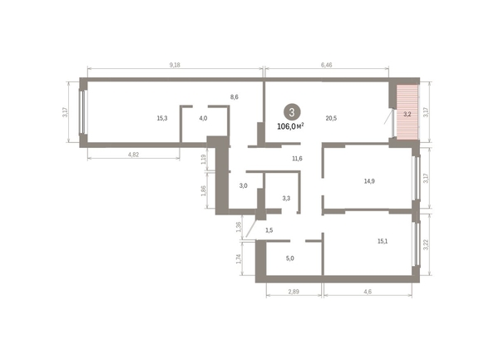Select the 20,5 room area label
pyautogui.click(x=331, y=118)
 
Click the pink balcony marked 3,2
pyautogui.click(x=407, y=114)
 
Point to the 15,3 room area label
pyautogui.click(x=162, y=118)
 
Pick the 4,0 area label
pyautogui.click(x=203, y=118)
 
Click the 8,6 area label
pyautogui.click(x=235, y=97)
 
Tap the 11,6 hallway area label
pyautogui.click(x=296, y=158)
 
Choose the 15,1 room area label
pyautogui.click(x=383, y=241)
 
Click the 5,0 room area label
pyautogui.click(x=290, y=259)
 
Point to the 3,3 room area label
pyautogui.click(x=286, y=198)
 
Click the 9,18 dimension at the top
pyautogui.click(x=175, y=64)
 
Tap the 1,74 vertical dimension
pyautogui.click(x=240, y=259)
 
